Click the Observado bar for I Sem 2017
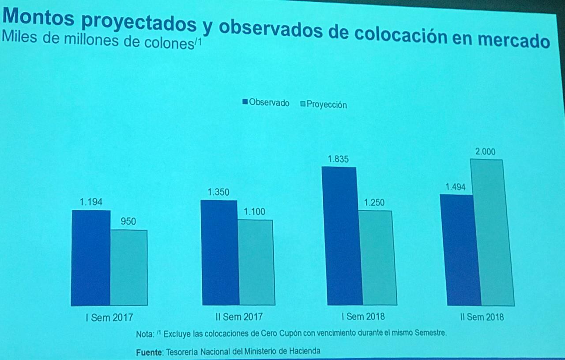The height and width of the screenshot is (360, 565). pyautogui.click(x=90, y=258)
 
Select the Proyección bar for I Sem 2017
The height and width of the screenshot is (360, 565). pyautogui.click(x=128, y=268)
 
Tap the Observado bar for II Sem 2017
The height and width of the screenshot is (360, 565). pyautogui.click(x=219, y=253)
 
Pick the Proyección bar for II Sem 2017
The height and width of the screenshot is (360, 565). pyautogui.click(x=256, y=262)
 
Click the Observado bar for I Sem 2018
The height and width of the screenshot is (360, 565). pyautogui.click(x=342, y=236)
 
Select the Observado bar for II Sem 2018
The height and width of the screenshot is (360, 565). pyautogui.click(x=460, y=250)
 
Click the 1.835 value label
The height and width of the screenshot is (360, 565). pyautogui.click(x=338, y=159)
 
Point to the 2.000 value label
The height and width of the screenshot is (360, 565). pyautogui.click(x=485, y=152)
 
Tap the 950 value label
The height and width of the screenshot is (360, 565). pyautogui.click(x=128, y=221)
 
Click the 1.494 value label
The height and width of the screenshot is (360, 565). pyautogui.click(x=456, y=187)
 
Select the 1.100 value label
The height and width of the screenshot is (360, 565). pyautogui.click(x=255, y=212)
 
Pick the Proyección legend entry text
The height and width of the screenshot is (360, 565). pyautogui.click(x=327, y=105)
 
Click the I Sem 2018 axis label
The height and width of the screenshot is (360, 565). pyautogui.click(x=363, y=317)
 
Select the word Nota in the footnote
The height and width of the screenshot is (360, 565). pyautogui.click(x=144, y=334)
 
